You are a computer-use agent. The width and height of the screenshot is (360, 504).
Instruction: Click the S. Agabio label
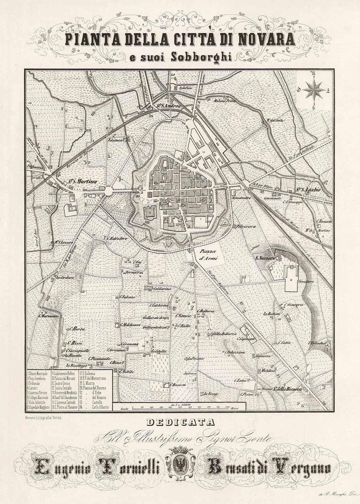pos(309,190)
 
